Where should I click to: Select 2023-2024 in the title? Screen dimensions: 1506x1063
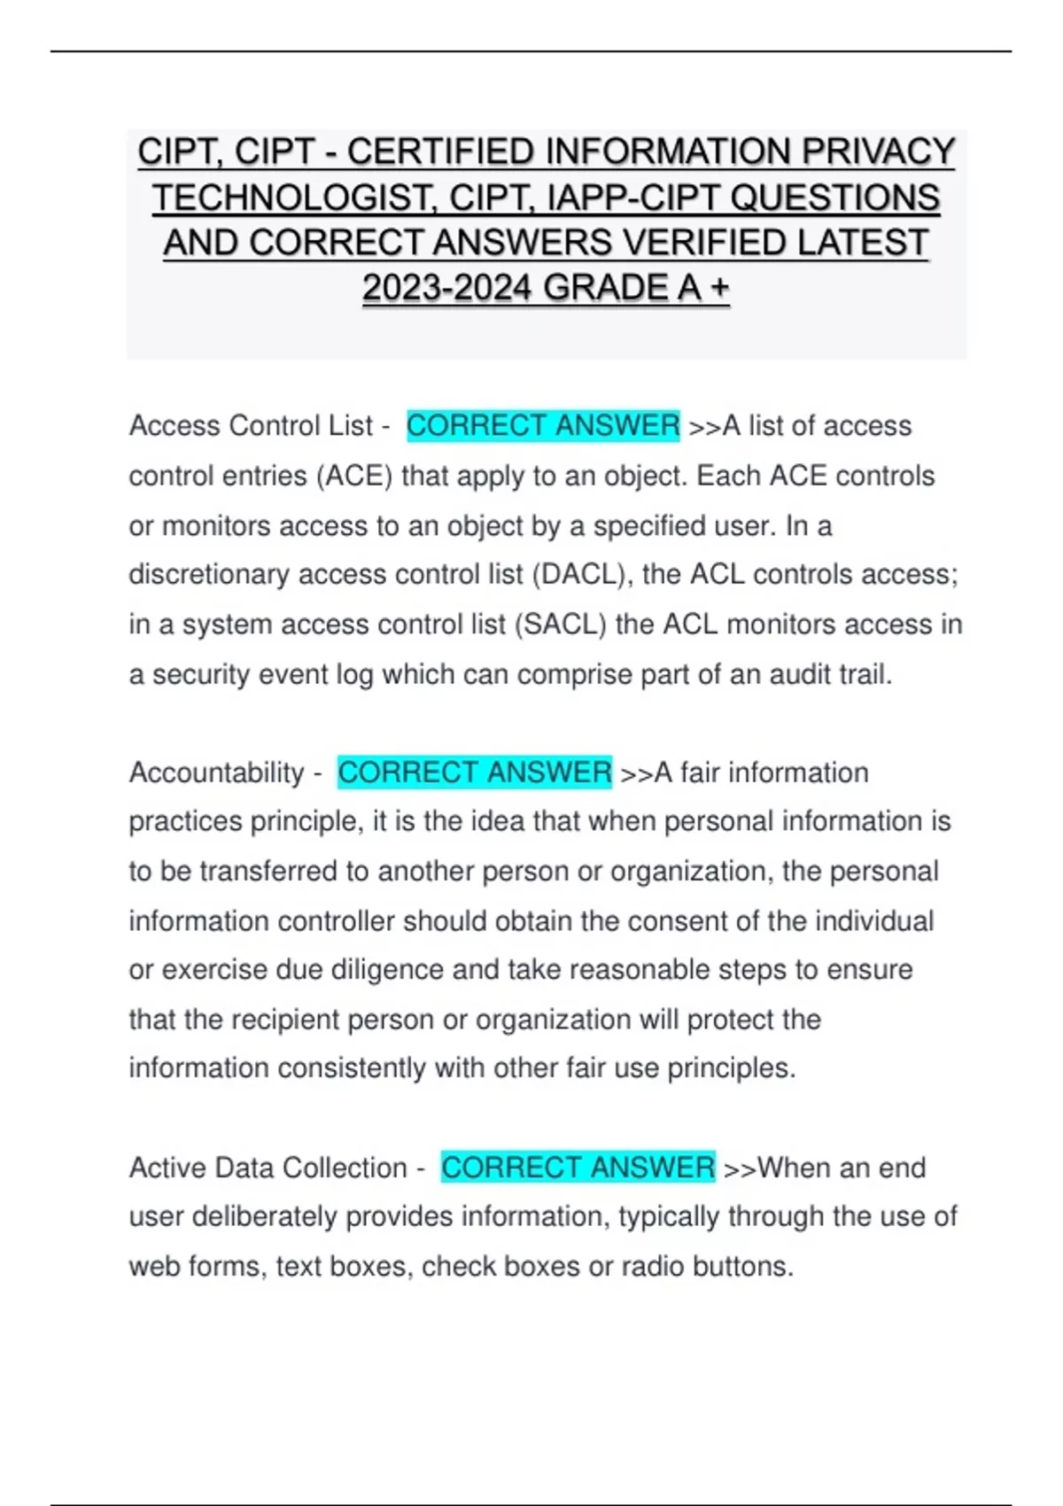(447, 288)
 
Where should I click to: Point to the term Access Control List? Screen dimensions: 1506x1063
(251, 426)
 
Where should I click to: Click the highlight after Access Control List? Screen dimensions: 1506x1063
(543, 426)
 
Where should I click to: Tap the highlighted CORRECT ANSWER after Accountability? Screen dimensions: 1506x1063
(475, 772)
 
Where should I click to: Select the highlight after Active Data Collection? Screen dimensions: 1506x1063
(578, 1168)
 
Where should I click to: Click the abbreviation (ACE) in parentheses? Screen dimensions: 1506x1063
(354, 477)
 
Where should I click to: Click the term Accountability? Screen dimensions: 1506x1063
(216, 772)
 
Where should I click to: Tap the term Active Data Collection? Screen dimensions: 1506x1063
(268, 1168)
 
